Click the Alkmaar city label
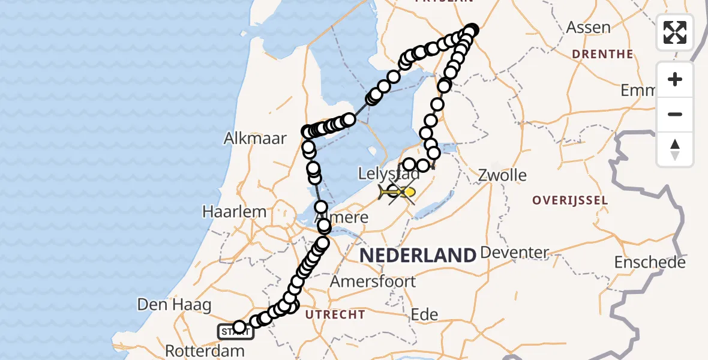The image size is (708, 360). click(255, 139)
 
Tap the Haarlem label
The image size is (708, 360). click(234, 212)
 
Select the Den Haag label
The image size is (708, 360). click(174, 305)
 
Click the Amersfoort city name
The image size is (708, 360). click(382, 281)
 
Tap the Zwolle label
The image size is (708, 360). click(502, 176)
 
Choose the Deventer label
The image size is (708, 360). click(515, 253)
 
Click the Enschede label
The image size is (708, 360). click(650, 263)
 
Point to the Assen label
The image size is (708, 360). click(589, 28)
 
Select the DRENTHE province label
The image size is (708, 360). click(602, 54)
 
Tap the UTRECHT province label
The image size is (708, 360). click(335, 314)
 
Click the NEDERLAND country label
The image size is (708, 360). click(418, 255)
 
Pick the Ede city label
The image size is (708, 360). click(424, 314)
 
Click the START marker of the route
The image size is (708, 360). click(235, 331)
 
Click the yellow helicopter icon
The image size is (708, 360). click(396, 192)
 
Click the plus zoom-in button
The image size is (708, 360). click(675, 79)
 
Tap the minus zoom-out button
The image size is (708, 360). click(675, 114)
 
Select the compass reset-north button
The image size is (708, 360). click(675, 149)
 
